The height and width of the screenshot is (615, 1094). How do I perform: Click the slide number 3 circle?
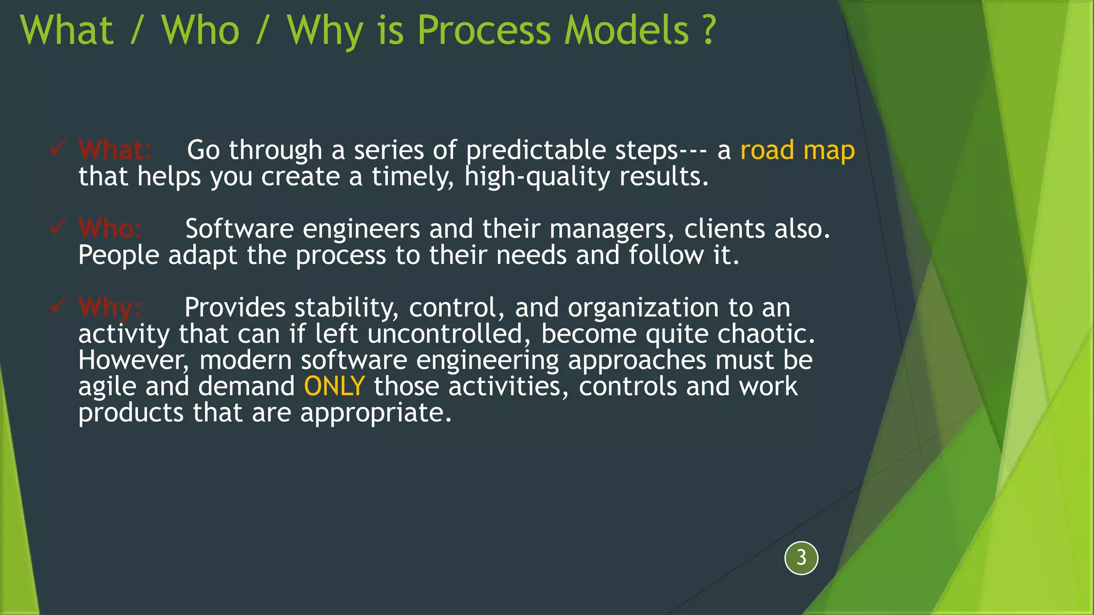(x=801, y=558)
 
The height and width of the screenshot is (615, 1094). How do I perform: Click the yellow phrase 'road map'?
(x=797, y=150)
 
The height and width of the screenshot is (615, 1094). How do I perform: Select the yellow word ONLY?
(x=334, y=386)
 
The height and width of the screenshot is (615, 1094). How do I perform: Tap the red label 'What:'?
(x=115, y=150)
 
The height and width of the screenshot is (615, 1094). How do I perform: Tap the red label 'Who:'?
(x=110, y=229)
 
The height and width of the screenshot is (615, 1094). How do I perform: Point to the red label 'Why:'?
(x=110, y=307)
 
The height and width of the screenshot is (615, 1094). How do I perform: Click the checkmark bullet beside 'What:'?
(x=58, y=147)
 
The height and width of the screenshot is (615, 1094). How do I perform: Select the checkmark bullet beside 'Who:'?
(x=58, y=226)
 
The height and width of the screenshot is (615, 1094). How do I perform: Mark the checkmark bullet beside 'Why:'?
(x=58, y=305)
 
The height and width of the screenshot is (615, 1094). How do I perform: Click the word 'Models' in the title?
(x=627, y=30)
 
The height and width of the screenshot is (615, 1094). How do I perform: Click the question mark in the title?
(x=709, y=30)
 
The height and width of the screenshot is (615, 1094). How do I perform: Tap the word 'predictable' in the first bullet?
(x=536, y=150)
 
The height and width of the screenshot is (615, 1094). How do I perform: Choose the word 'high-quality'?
(x=537, y=177)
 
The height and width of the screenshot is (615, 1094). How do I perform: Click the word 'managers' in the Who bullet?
(x=608, y=229)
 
